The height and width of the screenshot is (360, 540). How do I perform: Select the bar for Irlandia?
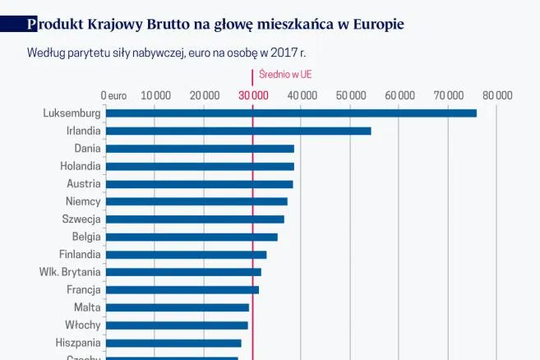coord(238,131)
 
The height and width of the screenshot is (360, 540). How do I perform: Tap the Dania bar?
coord(200,149)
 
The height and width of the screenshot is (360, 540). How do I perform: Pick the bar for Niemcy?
coord(196,201)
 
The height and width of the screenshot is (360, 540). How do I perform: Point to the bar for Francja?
coord(182,289)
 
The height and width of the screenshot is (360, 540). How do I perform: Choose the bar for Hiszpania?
coord(173,343)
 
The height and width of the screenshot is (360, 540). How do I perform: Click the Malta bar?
coord(178,307)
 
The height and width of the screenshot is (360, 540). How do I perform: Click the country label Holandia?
coord(81,166)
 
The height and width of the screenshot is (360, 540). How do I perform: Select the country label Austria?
coord(84,184)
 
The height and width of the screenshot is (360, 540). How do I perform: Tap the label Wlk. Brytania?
coord(70,272)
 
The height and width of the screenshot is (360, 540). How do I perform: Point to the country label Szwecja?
coord(81,219)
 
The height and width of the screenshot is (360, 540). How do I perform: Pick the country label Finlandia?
coord(80,255)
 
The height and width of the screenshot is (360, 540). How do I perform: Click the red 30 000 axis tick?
coord(253,95)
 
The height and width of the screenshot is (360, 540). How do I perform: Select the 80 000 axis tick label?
coord(497,95)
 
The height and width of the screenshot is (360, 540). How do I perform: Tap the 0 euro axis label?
coord(113,95)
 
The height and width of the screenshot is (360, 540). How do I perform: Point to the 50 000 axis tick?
coord(351,95)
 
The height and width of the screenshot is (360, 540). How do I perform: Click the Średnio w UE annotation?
coord(285,74)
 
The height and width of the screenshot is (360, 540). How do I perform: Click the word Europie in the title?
coord(378,24)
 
